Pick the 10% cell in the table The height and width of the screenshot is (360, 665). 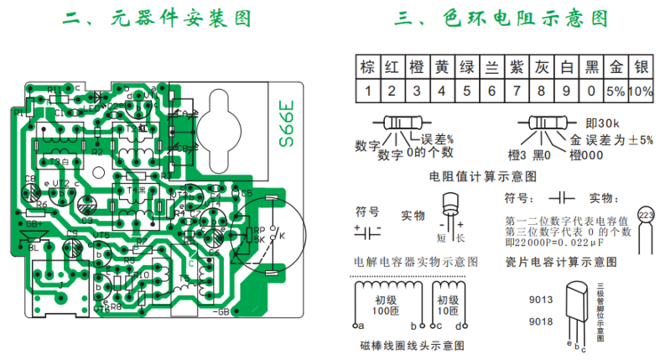coord(640,91)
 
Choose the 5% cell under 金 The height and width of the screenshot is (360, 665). coord(614,91)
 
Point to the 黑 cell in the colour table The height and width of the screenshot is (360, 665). coord(591,67)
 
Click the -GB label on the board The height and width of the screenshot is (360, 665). coord(222,313)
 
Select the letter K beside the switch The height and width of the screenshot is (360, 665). coord(283,237)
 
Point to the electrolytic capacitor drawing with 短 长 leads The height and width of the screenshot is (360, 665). coord(453,213)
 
